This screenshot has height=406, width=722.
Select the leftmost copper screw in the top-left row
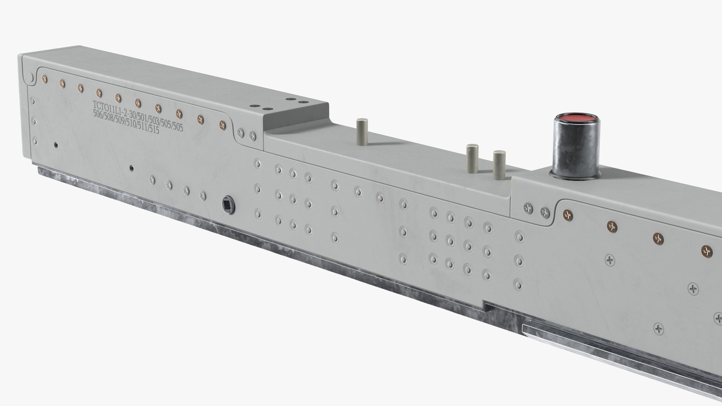[45, 79]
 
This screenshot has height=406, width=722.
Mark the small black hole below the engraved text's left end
[56, 144]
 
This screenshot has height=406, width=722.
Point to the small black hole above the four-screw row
[131, 168]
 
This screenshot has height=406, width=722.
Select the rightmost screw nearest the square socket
[203, 195]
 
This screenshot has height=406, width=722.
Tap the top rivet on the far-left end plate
[32, 101]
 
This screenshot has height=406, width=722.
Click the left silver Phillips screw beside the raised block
[240, 132]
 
